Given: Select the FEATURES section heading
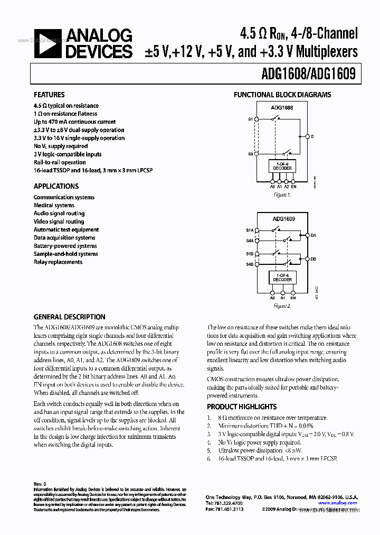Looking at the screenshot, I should (x=49, y=95).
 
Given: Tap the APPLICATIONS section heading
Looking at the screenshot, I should (x=56, y=186).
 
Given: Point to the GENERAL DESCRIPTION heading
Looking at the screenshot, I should (x=69, y=317).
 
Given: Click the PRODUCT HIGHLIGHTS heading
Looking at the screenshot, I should (x=241, y=407).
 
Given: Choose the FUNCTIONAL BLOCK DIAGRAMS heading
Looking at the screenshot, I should (x=282, y=95).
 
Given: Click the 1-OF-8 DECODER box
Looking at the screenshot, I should (x=282, y=167).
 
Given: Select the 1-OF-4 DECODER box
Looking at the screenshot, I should (x=282, y=277).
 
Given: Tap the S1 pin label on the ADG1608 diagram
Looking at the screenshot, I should (x=250, y=120).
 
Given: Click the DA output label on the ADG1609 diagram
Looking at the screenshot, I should (x=313, y=235).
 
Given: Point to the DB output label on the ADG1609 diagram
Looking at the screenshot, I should (x=313, y=259).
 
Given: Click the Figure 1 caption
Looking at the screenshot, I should (x=282, y=195).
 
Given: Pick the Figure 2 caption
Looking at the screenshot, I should (x=282, y=306).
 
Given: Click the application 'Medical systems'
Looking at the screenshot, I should (x=54, y=205).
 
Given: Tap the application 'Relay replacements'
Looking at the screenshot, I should (x=58, y=262).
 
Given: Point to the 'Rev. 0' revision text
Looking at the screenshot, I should (x=40, y=484).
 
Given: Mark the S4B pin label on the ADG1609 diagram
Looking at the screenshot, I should (x=250, y=263).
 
